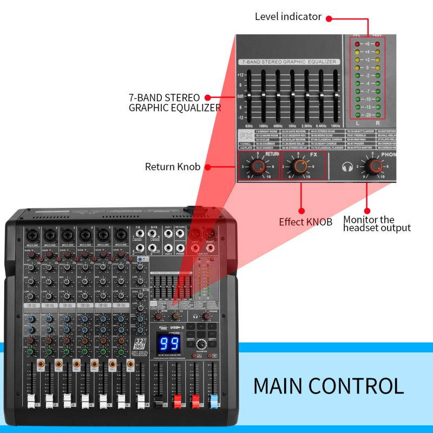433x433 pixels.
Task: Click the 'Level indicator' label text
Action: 288,17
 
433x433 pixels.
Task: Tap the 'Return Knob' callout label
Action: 173,167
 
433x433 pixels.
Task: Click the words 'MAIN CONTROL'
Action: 328,386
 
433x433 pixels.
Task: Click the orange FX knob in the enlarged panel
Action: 300,166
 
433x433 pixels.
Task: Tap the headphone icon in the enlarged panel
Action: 348,166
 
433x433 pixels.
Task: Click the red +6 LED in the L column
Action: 358,44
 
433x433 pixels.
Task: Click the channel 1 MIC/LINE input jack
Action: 31,235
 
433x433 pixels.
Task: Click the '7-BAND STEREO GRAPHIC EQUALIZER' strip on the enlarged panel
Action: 290,62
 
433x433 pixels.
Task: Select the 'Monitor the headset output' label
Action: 377,224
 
